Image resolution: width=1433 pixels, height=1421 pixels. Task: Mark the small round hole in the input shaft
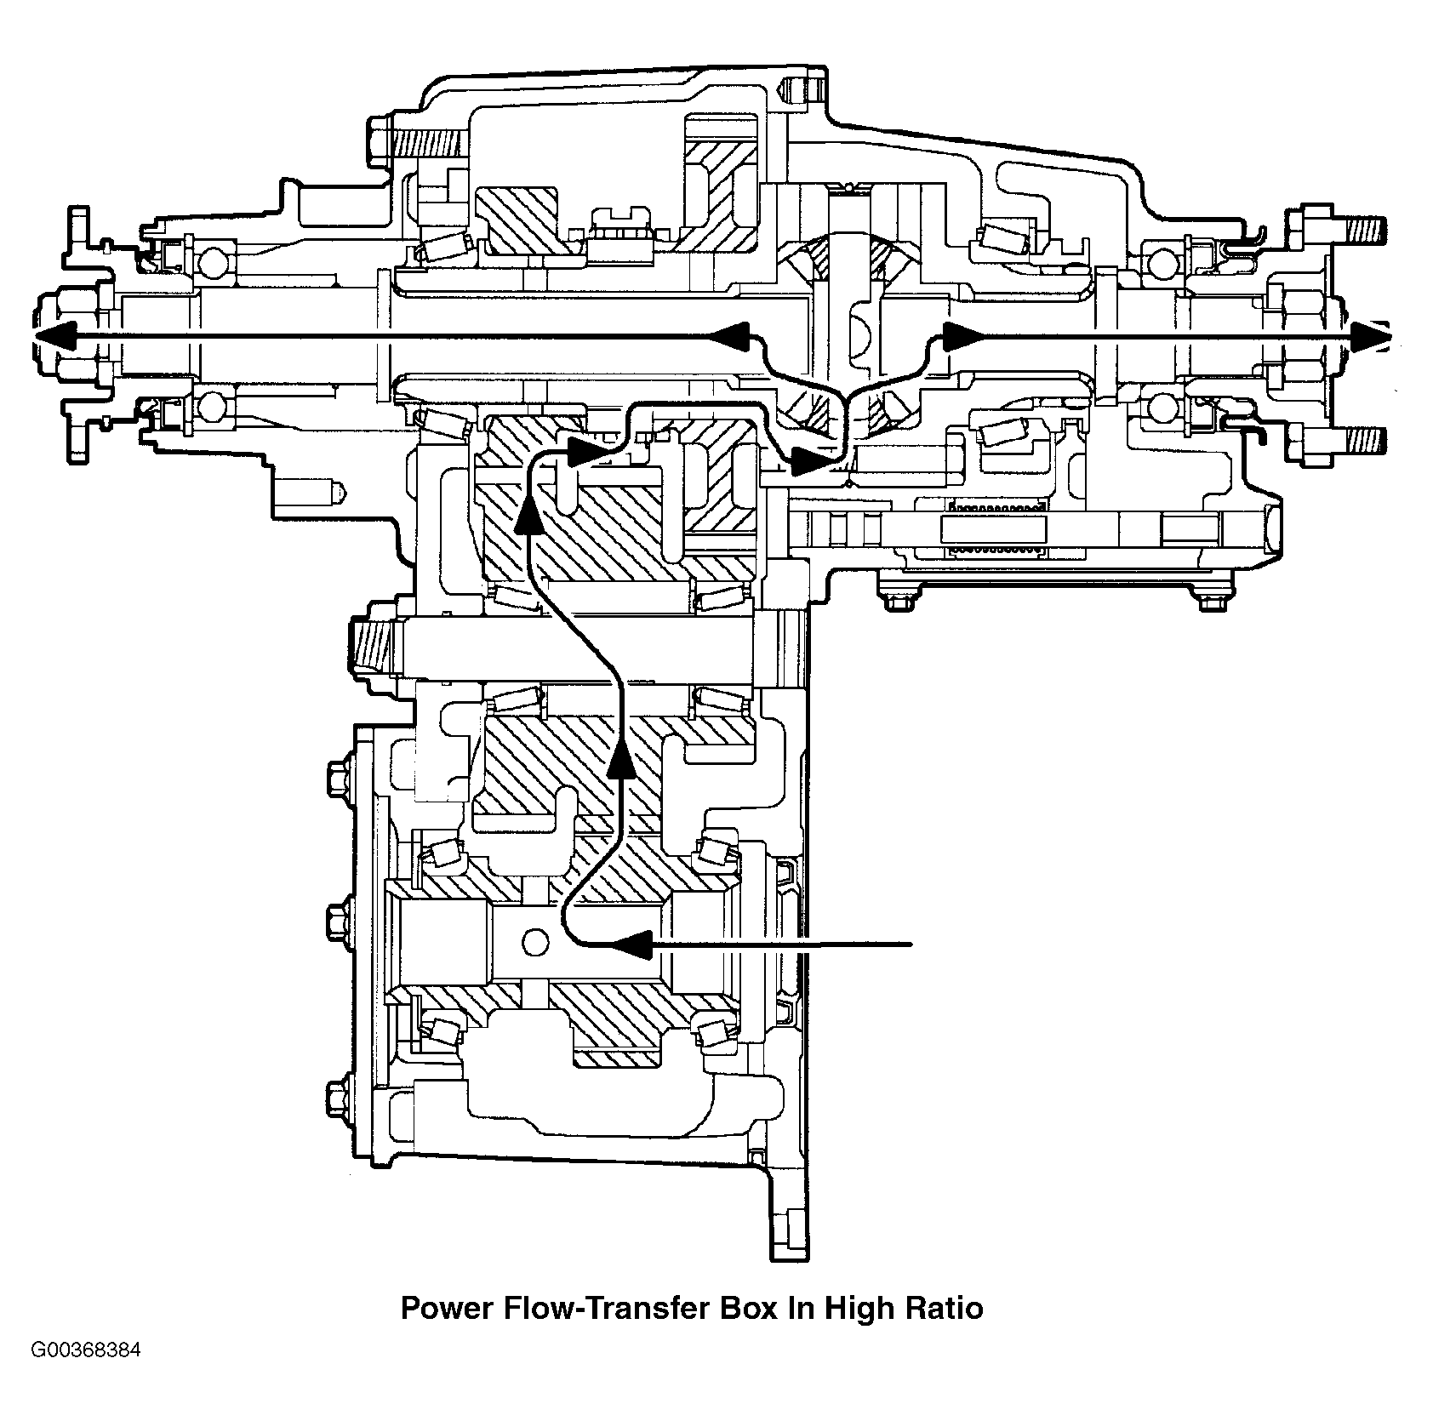coord(536,942)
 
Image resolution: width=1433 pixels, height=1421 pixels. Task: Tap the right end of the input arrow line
coord(911,944)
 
